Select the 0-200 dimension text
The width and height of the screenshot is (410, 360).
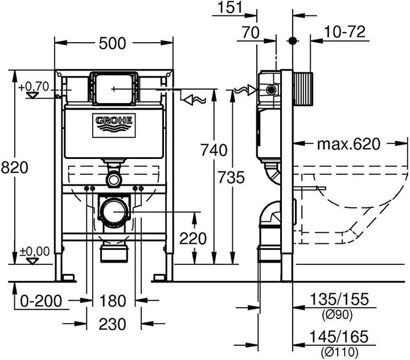click(40, 300)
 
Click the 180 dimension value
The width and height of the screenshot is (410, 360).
click(113, 300)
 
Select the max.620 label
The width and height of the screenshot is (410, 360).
click(348, 144)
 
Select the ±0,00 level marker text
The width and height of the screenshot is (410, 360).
click(34, 251)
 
